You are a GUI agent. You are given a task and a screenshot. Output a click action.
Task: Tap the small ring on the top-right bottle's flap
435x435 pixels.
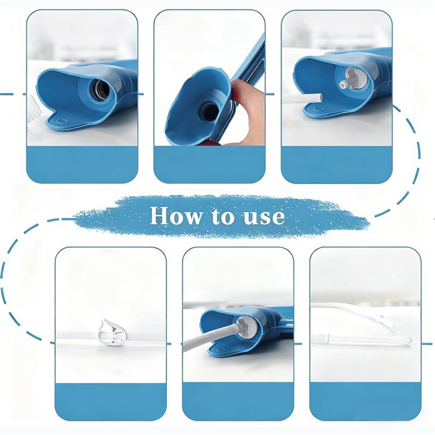click(x=321, y=109)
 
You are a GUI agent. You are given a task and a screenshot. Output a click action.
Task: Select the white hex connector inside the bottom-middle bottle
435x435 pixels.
click(x=245, y=327)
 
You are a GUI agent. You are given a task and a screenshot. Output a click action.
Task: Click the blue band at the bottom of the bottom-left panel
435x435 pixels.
click(x=110, y=401)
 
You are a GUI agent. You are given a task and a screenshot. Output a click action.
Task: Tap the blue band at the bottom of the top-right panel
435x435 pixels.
click(x=336, y=164)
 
